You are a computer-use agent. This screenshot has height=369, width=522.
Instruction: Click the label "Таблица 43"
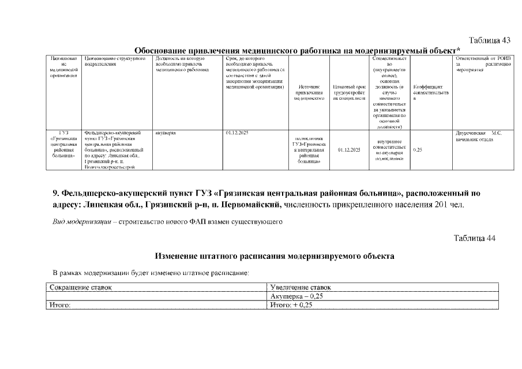point(490,40)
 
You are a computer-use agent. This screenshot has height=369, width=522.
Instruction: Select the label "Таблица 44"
point(474,238)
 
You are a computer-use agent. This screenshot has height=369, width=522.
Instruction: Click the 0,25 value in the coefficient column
point(418,149)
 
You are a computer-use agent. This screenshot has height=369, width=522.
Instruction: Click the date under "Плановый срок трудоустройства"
point(349,149)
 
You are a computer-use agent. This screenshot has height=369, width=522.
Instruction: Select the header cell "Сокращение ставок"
point(81,287)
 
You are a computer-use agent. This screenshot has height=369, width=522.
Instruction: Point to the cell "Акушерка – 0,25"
point(296,296)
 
